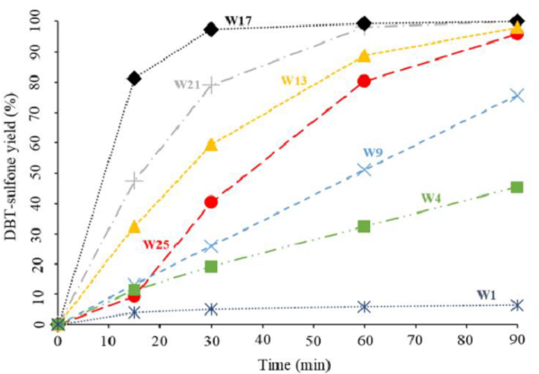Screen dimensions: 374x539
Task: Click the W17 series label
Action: [236, 19]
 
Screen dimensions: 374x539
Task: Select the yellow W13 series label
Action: [295, 81]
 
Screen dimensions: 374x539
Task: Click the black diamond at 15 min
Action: [135, 79]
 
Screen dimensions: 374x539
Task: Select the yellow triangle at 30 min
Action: [211, 144]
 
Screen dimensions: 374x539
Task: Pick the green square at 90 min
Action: [517, 187]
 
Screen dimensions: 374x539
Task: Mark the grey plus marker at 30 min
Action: [211, 86]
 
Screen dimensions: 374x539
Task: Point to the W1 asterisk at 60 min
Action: [364, 307]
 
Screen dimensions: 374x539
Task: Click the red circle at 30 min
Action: [211, 202]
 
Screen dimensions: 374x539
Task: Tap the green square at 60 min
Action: [364, 226]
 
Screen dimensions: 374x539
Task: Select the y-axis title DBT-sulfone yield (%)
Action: [12, 170]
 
